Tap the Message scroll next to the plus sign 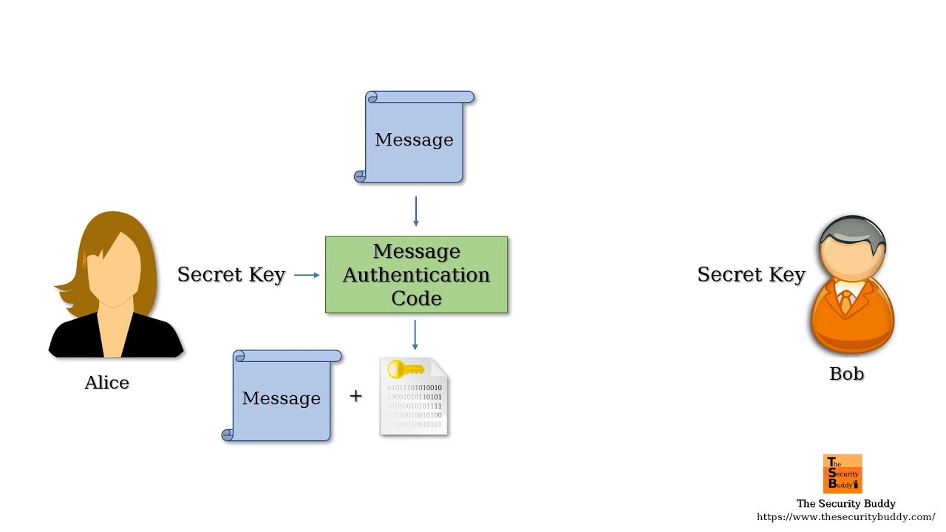pos(282,398)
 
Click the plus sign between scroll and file pos(355,396)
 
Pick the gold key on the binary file pos(406,369)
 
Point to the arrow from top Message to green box pos(415,211)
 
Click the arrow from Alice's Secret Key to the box pos(307,275)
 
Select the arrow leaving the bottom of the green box pos(415,335)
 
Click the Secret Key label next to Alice pos(231,275)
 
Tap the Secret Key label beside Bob pos(750,275)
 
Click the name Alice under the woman pos(107,383)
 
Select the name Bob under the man pos(846,374)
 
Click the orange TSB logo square pos(843,474)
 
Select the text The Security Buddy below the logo pos(845,504)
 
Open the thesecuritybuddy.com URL pos(845,517)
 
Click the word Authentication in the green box pos(416,275)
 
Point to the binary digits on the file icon pos(415,406)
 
